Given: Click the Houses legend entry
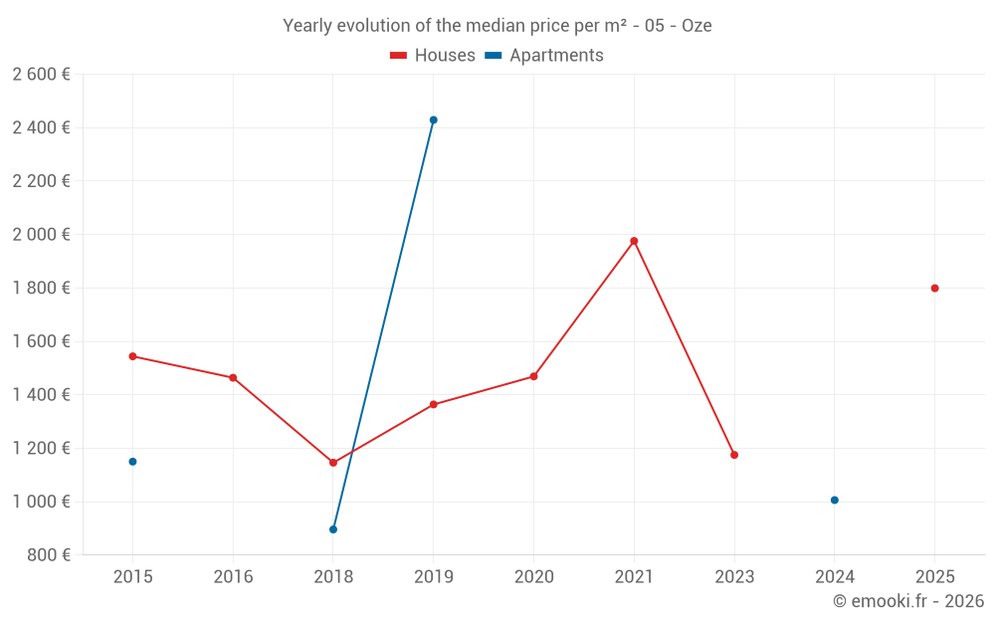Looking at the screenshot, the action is coord(433,55).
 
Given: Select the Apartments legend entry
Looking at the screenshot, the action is coord(544,55).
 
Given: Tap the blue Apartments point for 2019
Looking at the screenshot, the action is coord(434,120).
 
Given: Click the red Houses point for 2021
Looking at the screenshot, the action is coord(634,241).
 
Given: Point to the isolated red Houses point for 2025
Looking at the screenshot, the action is coord(934,289).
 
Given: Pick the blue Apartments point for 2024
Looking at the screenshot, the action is coord(835,501).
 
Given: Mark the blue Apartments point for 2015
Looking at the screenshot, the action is coord(132,462).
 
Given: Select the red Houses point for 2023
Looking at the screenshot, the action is coord(734,455).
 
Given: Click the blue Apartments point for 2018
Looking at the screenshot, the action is coord(333,529).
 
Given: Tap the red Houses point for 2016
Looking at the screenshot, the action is coord(233,377).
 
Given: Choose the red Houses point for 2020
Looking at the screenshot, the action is coord(533,376).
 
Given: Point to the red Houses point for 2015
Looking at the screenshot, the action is coord(132,356).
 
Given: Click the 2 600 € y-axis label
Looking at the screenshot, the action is coord(41,75).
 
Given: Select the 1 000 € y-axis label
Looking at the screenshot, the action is coord(41,502).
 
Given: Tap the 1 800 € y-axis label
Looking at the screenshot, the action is coord(41,289).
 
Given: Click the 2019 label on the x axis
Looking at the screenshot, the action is coord(434,576).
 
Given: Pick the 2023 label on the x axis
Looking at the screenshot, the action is coord(734,576).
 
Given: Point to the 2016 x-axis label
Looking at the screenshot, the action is coord(233,576).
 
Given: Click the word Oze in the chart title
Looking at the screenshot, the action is coord(696,26).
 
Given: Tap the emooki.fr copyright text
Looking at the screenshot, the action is coord(908,600).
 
